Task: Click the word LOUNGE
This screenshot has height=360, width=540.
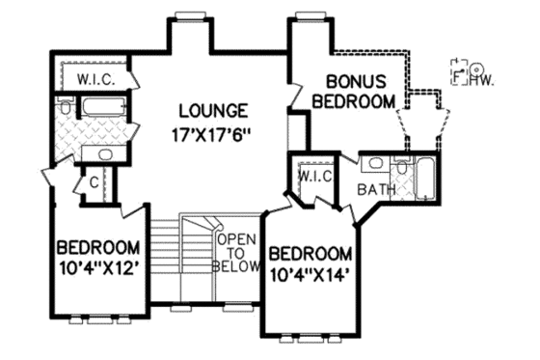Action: tap(211, 109)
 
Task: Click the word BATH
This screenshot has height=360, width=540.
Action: tap(375, 190)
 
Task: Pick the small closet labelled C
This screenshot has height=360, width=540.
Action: tap(94, 181)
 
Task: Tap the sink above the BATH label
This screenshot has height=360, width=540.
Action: tap(375, 164)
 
